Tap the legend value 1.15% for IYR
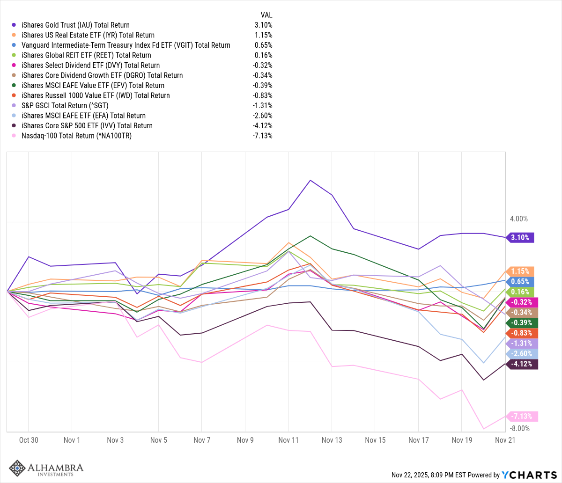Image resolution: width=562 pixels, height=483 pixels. click(x=262, y=35)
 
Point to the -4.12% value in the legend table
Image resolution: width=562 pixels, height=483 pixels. click(x=262, y=125)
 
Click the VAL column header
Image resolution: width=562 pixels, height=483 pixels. click(x=266, y=15)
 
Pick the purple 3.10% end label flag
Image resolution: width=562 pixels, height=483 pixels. click(x=520, y=237)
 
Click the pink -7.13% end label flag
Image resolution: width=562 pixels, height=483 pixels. click(x=521, y=416)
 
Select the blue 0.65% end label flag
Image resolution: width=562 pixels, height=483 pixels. click(x=520, y=281)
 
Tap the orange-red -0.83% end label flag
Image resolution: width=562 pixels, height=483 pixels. click(x=521, y=333)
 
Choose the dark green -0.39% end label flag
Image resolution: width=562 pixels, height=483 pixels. click(x=521, y=322)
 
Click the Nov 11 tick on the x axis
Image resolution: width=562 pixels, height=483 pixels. click(x=288, y=440)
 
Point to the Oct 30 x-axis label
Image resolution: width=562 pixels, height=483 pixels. click(x=29, y=440)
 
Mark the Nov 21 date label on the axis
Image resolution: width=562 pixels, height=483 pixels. click(x=505, y=440)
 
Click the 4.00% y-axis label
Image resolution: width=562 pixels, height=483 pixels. click(x=518, y=219)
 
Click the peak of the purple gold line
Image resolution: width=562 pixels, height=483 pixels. click(x=310, y=180)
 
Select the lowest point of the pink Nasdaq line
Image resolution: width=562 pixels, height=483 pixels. click(x=484, y=428)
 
